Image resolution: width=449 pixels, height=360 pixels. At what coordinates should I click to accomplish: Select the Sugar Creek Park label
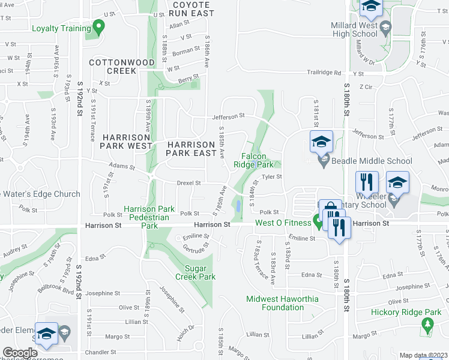[x=195, y=273]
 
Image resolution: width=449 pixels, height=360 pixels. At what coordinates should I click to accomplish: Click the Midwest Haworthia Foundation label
[x=283, y=303]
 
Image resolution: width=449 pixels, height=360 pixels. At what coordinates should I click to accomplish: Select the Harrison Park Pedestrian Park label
[x=149, y=217]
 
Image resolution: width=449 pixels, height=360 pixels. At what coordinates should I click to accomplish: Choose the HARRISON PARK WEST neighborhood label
[x=127, y=142]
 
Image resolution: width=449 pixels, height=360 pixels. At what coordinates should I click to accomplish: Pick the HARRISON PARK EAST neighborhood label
[x=191, y=149]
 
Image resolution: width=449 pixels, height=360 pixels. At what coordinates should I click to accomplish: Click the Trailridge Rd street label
[x=324, y=73]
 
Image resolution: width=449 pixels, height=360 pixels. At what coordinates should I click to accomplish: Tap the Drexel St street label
[x=188, y=182]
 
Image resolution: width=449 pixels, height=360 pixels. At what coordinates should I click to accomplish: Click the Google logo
[x=20, y=353]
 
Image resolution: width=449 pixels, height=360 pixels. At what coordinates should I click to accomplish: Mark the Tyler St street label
[x=271, y=176]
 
